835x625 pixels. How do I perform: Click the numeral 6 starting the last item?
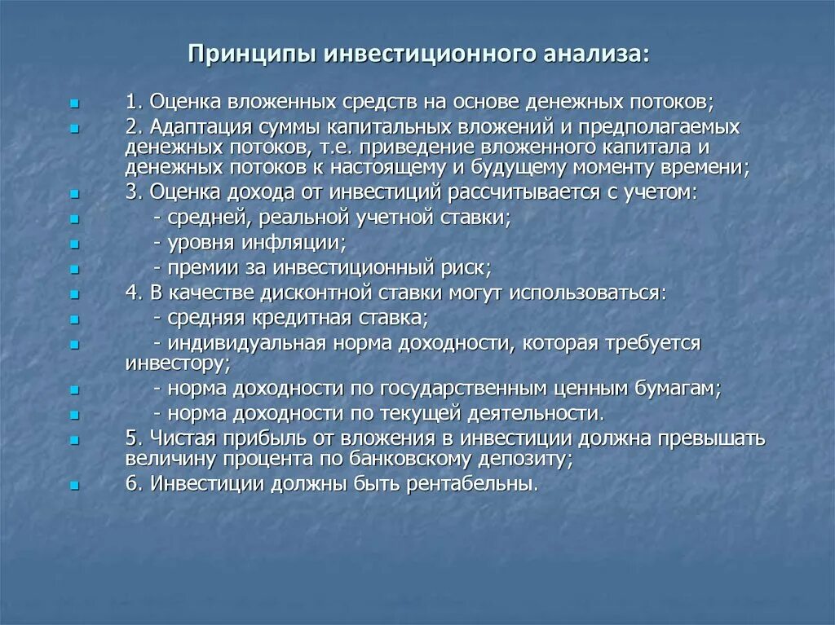click(x=131, y=483)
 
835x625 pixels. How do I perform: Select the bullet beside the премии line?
click(x=74, y=269)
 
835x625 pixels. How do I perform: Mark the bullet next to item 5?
click(x=74, y=440)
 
